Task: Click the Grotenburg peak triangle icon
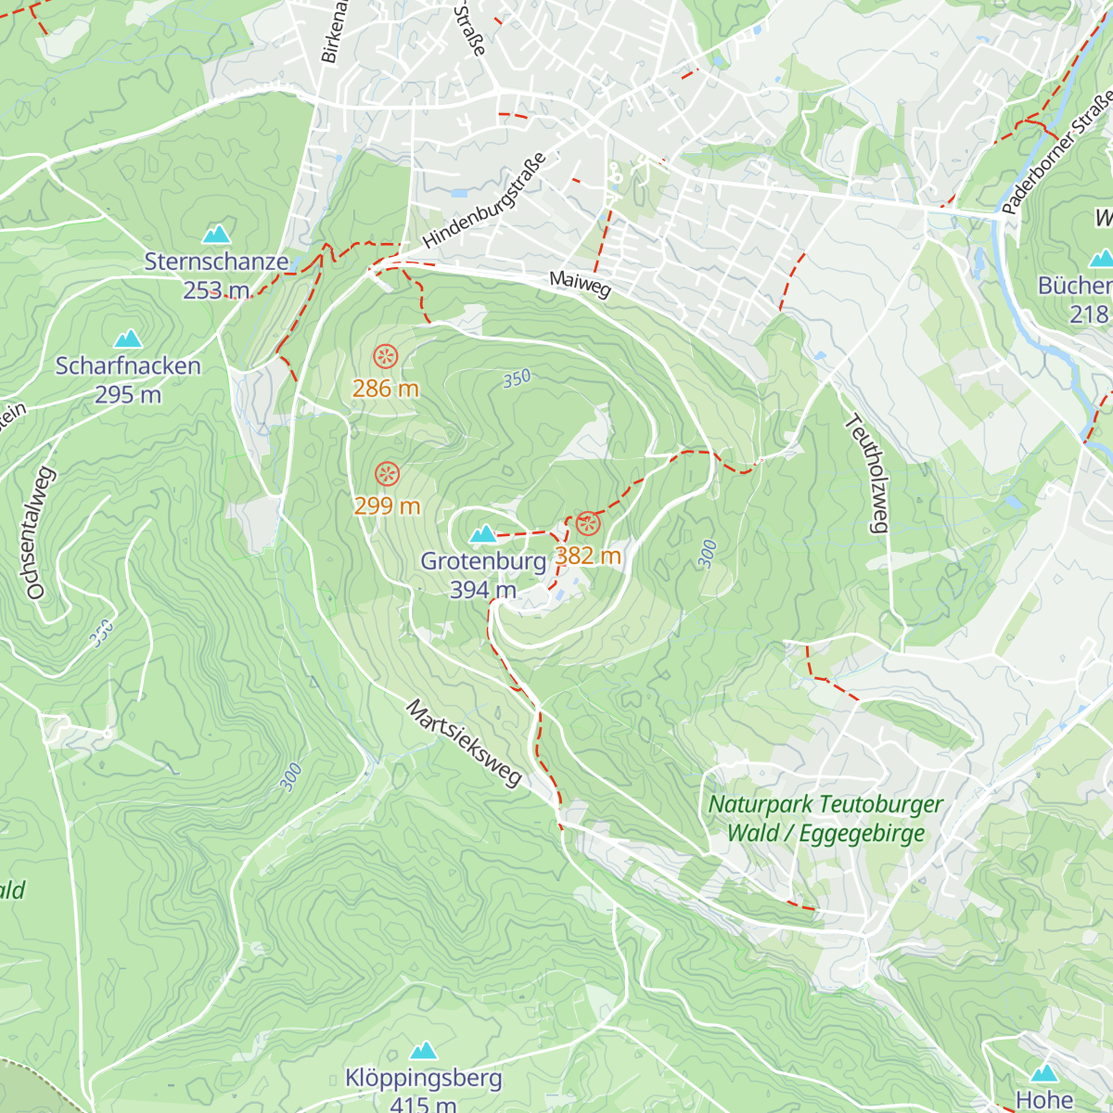pos(482,534)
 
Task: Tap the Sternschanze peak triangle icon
pos(216,234)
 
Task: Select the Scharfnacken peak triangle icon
pos(128,339)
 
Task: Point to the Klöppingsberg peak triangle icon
pos(423,1051)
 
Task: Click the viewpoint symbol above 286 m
pos(385,356)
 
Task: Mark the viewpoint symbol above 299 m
pos(387,475)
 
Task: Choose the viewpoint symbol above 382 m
pos(587,525)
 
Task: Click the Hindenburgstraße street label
pos(483,200)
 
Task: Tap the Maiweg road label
pos(580,284)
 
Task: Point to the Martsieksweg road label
pos(465,744)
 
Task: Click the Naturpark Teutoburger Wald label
pos(825,818)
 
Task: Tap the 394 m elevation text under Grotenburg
pos(482,590)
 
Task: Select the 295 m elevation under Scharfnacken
pos(128,395)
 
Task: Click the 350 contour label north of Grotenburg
pos(517,378)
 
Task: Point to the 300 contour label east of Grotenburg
pos(708,554)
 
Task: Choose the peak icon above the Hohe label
pos(1044,1073)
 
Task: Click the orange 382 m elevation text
pos(587,556)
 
